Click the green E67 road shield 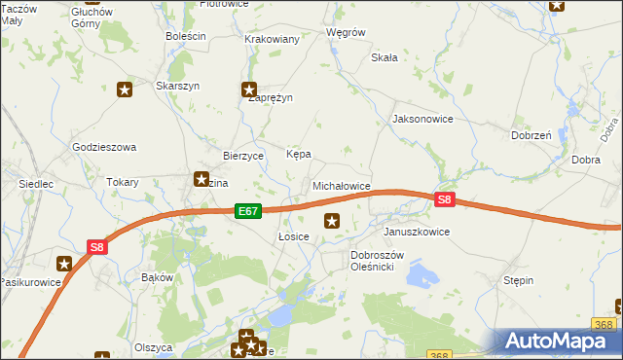point(248,211)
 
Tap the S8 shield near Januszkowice point(444,200)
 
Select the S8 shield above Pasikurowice point(96,247)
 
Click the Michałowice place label point(341,185)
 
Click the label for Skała point(385,57)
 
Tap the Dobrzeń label point(531,136)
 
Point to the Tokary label point(123,182)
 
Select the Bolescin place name point(186,36)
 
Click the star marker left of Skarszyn point(125,90)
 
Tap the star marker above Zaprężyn point(249,90)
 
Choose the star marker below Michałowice point(333,221)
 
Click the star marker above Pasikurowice point(64,263)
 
